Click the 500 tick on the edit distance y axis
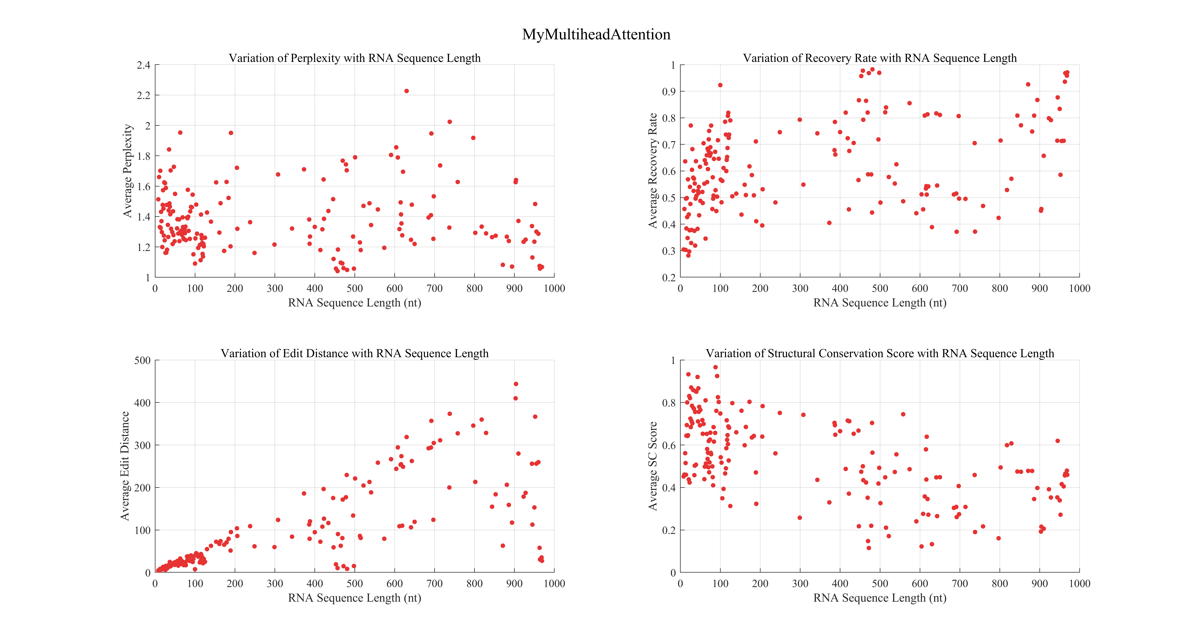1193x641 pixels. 142,361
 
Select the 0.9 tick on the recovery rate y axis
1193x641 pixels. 669,92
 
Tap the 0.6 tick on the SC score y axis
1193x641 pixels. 669,445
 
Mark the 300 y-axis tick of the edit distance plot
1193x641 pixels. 142,445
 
